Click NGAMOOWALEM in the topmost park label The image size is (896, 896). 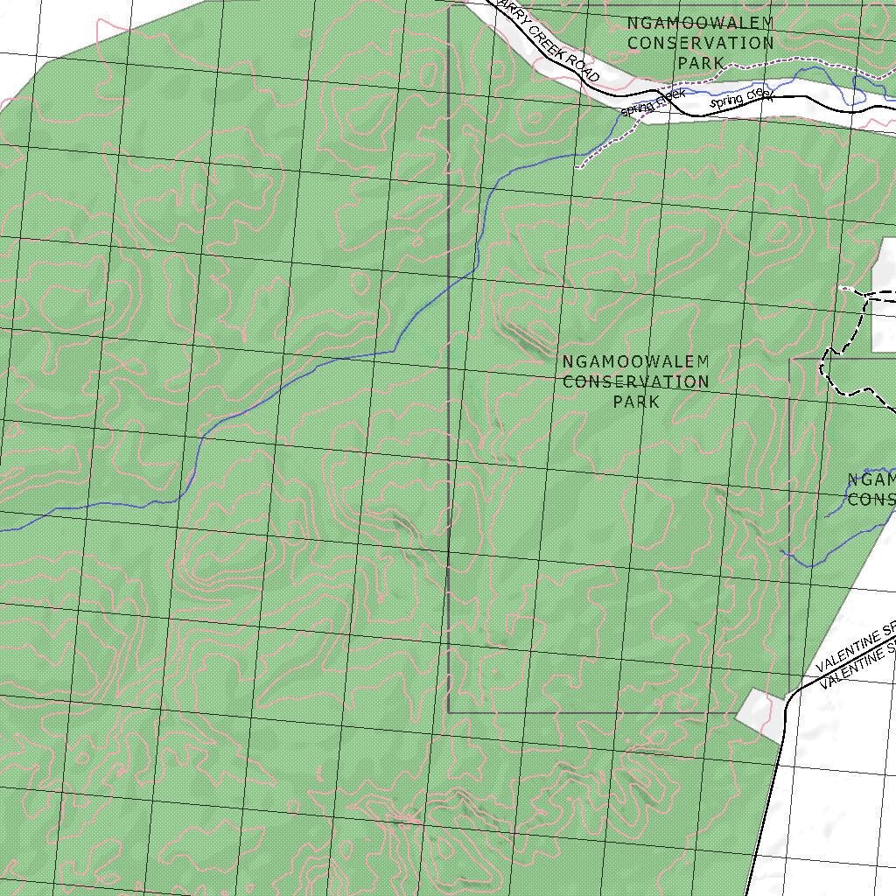pyautogui.click(x=700, y=22)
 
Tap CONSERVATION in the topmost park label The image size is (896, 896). pyautogui.click(x=700, y=42)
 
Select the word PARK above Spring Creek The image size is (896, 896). pyautogui.click(x=701, y=62)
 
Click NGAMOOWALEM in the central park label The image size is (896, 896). pyautogui.click(x=635, y=361)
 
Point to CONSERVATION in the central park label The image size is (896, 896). pyautogui.click(x=635, y=381)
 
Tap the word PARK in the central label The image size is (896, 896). pyautogui.click(x=636, y=402)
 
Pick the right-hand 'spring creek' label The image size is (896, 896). pyautogui.click(x=742, y=98)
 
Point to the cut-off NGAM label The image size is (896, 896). pyautogui.click(x=871, y=479)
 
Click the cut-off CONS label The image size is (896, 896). pyautogui.click(x=871, y=499)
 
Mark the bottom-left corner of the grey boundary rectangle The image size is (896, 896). pyautogui.click(x=449, y=711)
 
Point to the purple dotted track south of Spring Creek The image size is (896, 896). pyautogui.click(x=604, y=145)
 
